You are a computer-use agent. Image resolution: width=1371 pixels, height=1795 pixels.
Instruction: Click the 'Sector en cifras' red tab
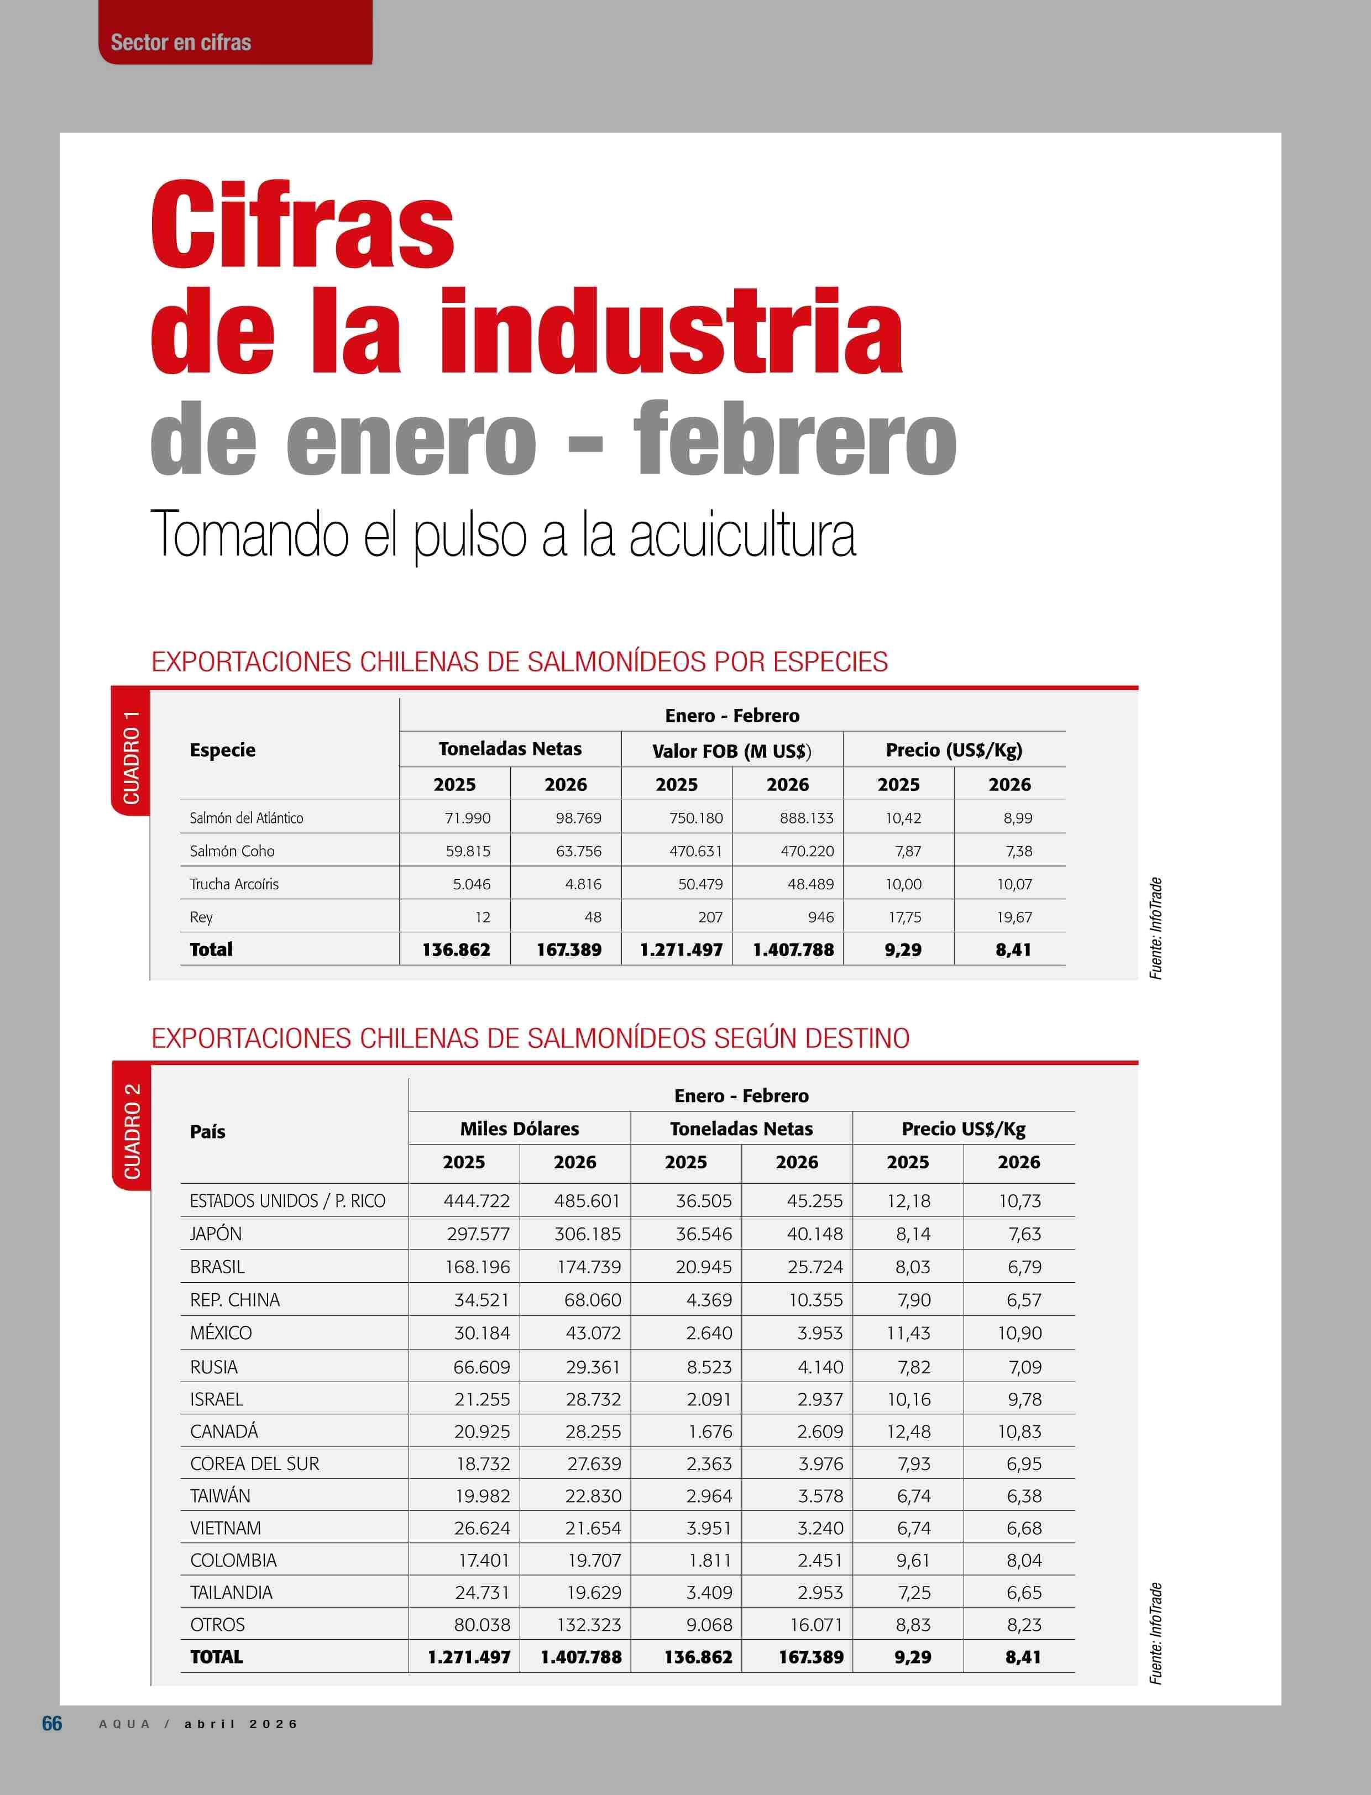point(181,43)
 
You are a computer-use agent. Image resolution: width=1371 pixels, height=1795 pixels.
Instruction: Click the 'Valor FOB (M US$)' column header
point(731,750)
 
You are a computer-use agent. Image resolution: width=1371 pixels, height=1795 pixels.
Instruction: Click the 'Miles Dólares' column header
point(519,1129)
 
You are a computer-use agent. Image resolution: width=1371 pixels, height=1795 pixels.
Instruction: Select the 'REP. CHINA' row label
point(234,1300)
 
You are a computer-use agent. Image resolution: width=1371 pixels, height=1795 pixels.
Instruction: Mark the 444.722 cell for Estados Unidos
point(476,1201)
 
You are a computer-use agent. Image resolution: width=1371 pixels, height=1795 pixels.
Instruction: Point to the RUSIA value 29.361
point(593,1367)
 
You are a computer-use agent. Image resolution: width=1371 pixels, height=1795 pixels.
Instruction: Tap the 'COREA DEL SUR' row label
point(255,1464)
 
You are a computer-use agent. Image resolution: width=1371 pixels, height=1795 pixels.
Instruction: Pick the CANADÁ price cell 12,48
point(908,1431)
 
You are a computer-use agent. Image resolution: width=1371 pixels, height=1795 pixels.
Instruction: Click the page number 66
point(51,1723)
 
